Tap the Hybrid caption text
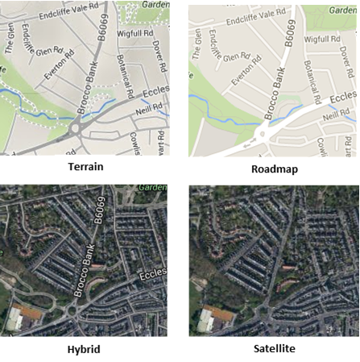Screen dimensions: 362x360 pyautogui.click(x=85, y=349)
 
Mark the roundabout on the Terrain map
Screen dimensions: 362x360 pyautogui.click(x=77, y=127)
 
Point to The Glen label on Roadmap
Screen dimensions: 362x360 pyautogui.click(x=196, y=46)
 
